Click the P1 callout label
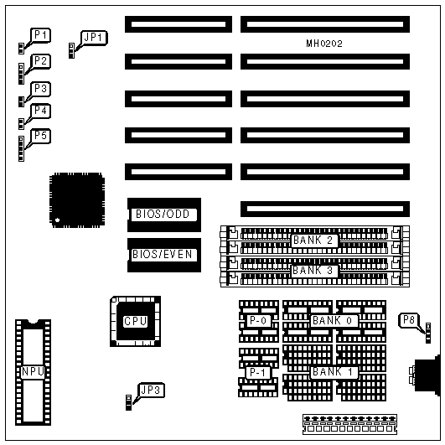click(x=40, y=35)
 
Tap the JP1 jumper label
click(x=94, y=38)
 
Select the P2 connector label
click(x=40, y=61)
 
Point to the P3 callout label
click(x=40, y=89)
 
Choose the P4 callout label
click(x=40, y=111)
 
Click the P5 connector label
click(x=40, y=136)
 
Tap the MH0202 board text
click(x=324, y=44)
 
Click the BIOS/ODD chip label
click(x=163, y=214)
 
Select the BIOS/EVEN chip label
click(x=163, y=254)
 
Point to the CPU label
click(x=136, y=321)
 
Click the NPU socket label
click(x=33, y=372)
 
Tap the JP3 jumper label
click(x=151, y=390)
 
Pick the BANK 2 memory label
click(x=314, y=241)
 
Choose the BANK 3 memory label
click(x=314, y=271)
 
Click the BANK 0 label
click(x=334, y=321)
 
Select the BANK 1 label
click(x=334, y=372)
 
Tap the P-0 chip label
click(x=258, y=321)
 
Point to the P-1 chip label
click(x=258, y=372)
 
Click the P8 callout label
click(x=409, y=320)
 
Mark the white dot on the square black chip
click(x=57, y=220)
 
